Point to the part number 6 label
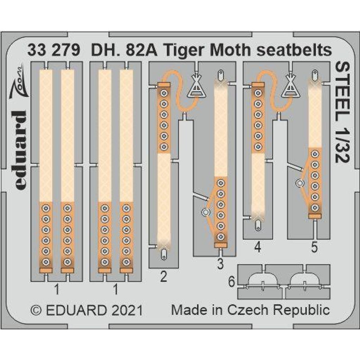(231, 282)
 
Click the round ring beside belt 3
(206, 212)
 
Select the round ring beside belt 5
(299, 183)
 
